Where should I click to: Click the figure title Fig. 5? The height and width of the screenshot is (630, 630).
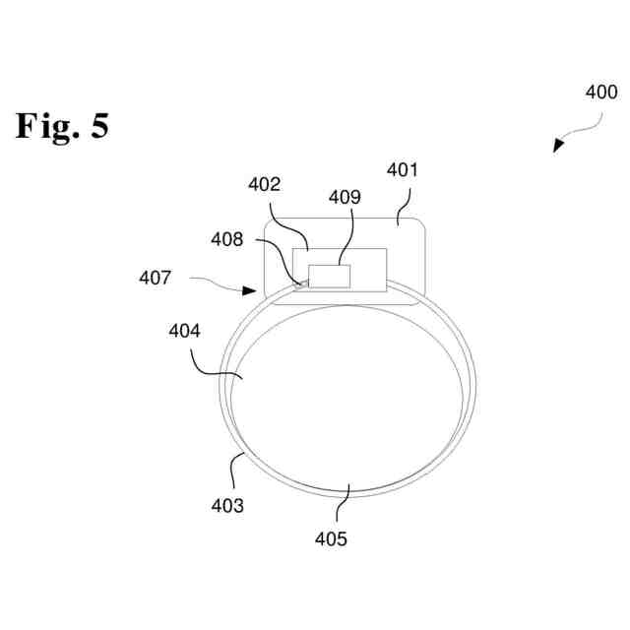pyautogui.click(x=61, y=126)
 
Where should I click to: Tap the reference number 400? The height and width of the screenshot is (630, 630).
pyautogui.click(x=600, y=93)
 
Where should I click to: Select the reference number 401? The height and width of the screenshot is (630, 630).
pyautogui.click(x=402, y=169)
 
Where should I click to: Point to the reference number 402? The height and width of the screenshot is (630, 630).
pyautogui.click(x=265, y=184)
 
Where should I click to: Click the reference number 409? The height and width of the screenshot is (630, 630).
pyautogui.click(x=345, y=197)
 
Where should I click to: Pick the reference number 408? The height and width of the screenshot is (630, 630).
pyautogui.click(x=227, y=238)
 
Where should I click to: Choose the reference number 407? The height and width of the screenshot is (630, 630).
pyautogui.click(x=155, y=279)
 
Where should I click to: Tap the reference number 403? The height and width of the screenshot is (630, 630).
pyautogui.click(x=228, y=506)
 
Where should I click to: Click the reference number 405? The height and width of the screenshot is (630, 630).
pyautogui.click(x=331, y=538)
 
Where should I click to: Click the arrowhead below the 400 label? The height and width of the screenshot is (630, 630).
pyautogui.click(x=558, y=146)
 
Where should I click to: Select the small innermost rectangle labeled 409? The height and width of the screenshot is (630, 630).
pyautogui.click(x=330, y=276)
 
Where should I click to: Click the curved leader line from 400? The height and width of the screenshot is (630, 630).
pyautogui.click(x=587, y=123)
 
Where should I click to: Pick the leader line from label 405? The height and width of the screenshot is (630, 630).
pyautogui.click(x=341, y=505)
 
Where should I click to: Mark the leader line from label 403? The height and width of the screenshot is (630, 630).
pyautogui.click(x=234, y=472)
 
